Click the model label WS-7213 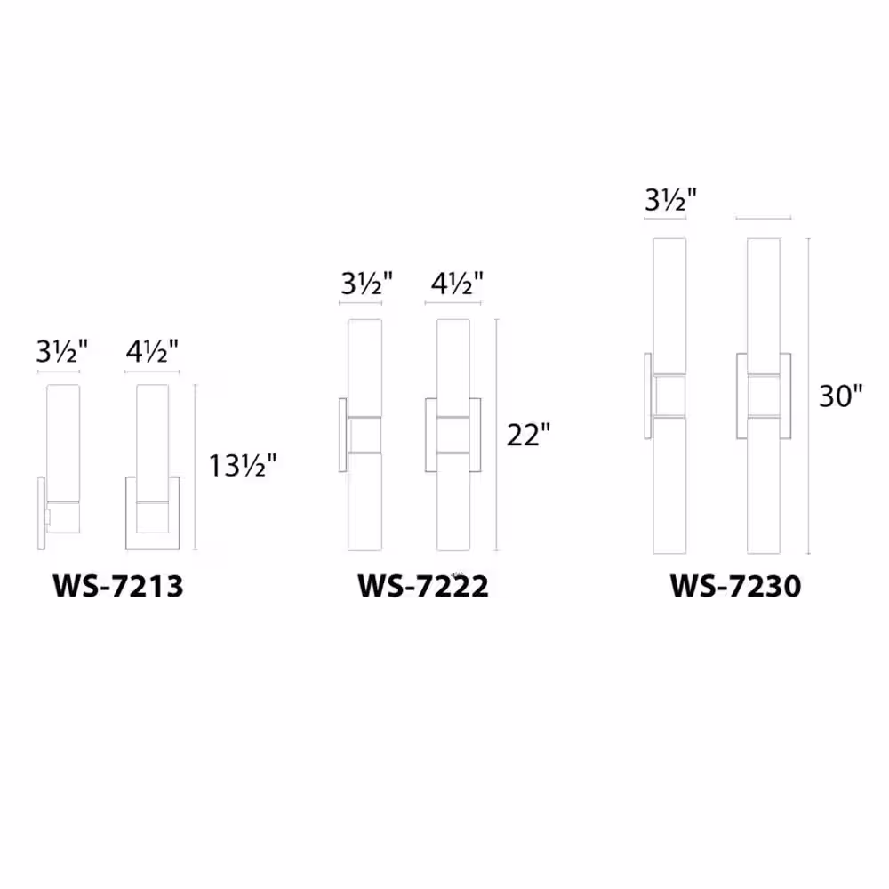pyautogui.click(x=118, y=587)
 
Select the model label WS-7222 pyautogui.click(x=423, y=587)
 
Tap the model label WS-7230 pyautogui.click(x=736, y=587)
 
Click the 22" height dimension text pyautogui.click(x=529, y=435)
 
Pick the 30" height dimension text pyautogui.click(x=841, y=396)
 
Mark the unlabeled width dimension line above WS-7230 pyautogui.click(x=764, y=218)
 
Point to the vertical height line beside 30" pyautogui.click(x=809, y=396)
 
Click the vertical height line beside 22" pyautogui.click(x=496, y=435)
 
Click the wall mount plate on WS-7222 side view pyautogui.click(x=342, y=436)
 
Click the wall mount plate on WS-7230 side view pyautogui.click(x=648, y=396)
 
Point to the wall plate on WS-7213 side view pyautogui.click(x=40, y=514)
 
